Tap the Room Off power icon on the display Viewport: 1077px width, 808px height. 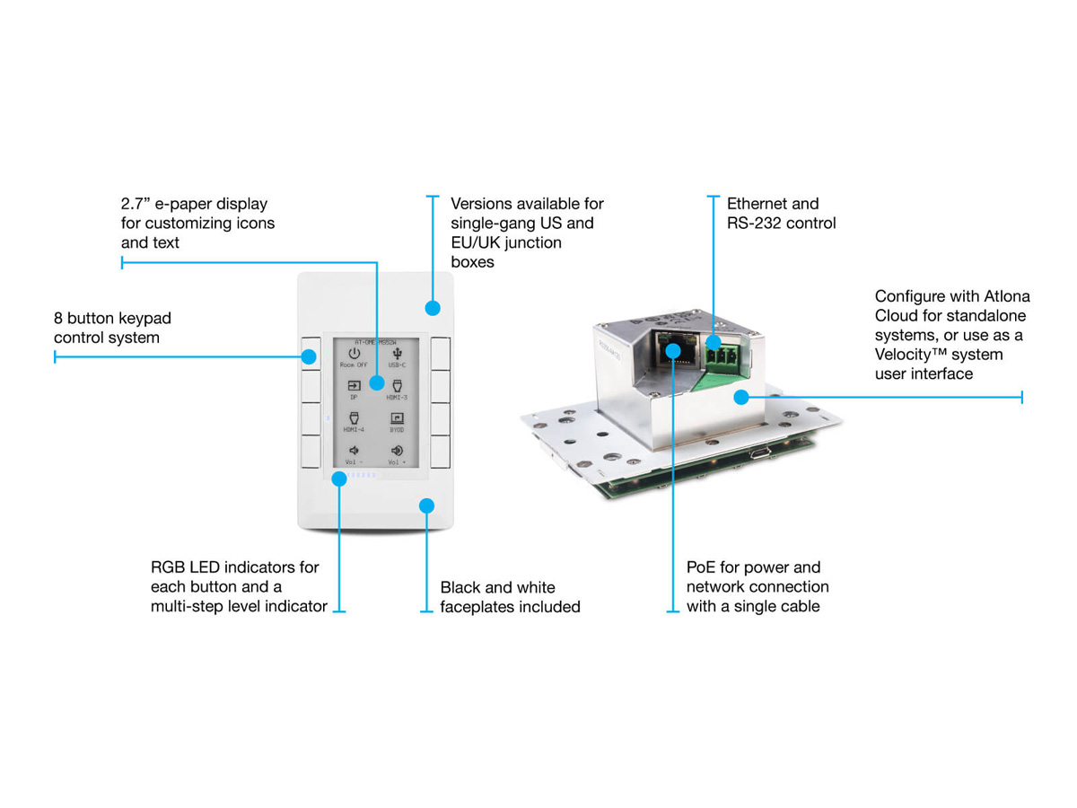(354, 354)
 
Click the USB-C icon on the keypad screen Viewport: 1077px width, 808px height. (398, 354)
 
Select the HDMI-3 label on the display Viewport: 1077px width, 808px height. (398, 396)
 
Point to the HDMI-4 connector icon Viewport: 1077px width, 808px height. (354, 417)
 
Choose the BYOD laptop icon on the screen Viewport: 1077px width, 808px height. (398, 418)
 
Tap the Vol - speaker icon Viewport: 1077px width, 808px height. (354, 451)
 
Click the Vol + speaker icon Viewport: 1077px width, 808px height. (398, 451)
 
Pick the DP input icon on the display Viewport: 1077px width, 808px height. (354, 386)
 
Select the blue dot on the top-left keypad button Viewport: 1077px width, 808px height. (309, 356)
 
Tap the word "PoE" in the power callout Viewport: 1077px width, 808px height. (702, 567)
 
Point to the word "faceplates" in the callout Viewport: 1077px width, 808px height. (476, 607)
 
